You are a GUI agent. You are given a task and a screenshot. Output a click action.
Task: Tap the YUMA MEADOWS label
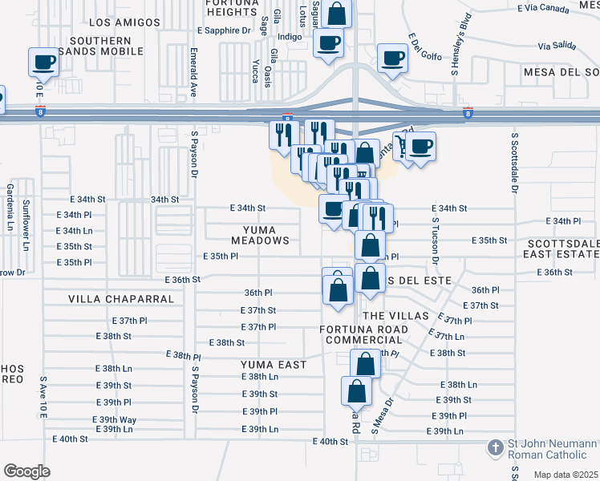point(260,234)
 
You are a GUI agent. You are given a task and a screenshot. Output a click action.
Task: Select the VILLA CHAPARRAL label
point(121,299)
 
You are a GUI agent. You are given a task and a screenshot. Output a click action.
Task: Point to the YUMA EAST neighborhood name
point(274,365)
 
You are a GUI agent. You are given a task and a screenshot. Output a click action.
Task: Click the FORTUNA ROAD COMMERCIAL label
point(375,336)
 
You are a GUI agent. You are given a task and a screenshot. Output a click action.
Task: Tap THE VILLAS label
point(395,316)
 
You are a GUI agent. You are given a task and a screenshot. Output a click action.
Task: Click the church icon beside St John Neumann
point(497,446)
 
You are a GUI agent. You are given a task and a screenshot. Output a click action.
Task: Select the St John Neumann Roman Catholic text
point(553,451)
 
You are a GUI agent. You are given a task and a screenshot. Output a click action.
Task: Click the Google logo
point(26,471)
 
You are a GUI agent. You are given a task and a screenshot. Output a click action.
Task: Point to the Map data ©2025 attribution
point(566,475)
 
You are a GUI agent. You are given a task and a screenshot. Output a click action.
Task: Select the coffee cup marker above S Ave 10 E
point(43,62)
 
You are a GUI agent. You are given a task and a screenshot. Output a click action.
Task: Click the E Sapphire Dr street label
point(224,30)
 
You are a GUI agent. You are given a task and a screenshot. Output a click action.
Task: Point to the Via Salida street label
point(556,46)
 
